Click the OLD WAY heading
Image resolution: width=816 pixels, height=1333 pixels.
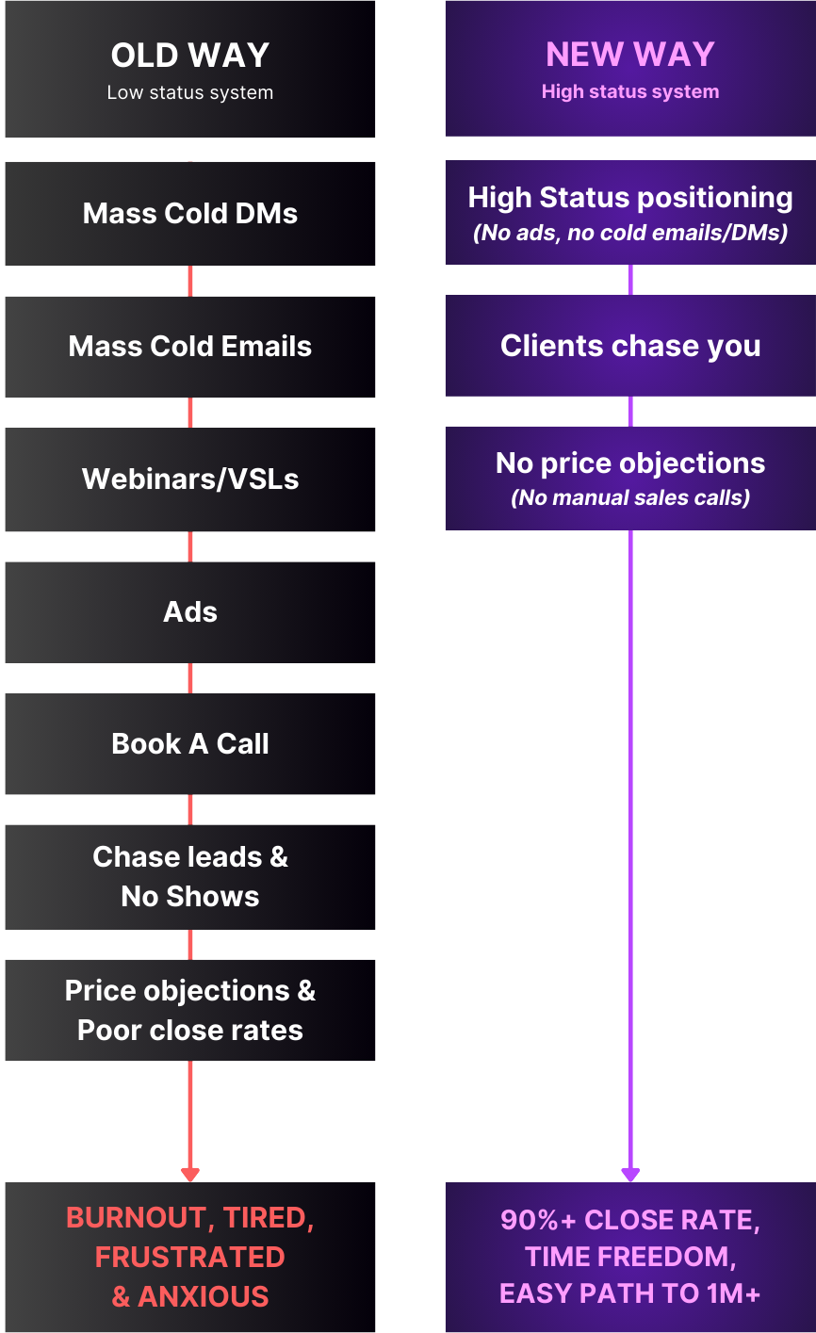(189, 56)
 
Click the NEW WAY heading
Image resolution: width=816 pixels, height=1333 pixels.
(630, 55)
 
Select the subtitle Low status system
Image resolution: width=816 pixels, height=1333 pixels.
(189, 93)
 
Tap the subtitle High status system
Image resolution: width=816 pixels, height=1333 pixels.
(630, 92)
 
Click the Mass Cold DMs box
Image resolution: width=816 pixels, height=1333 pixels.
(189, 214)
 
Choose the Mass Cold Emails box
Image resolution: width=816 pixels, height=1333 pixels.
(189, 347)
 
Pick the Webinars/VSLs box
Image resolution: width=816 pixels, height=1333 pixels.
(189, 480)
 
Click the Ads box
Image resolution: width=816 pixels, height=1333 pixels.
(189, 612)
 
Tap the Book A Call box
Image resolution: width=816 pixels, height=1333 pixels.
(189, 744)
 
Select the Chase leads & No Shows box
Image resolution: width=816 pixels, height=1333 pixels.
(189, 877)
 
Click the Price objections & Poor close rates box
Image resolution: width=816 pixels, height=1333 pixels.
(189, 1010)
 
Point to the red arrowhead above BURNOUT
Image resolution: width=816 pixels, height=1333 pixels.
(190, 1174)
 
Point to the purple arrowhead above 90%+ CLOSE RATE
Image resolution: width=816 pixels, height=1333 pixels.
(630, 1174)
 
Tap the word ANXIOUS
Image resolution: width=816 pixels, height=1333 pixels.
(204, 1297)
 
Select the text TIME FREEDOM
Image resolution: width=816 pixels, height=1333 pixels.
(628, 1257)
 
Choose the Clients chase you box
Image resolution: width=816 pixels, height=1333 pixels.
(630, 346)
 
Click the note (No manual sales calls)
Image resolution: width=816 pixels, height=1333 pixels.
(630, 498)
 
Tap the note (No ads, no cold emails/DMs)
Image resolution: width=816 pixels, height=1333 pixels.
(630, 233)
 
